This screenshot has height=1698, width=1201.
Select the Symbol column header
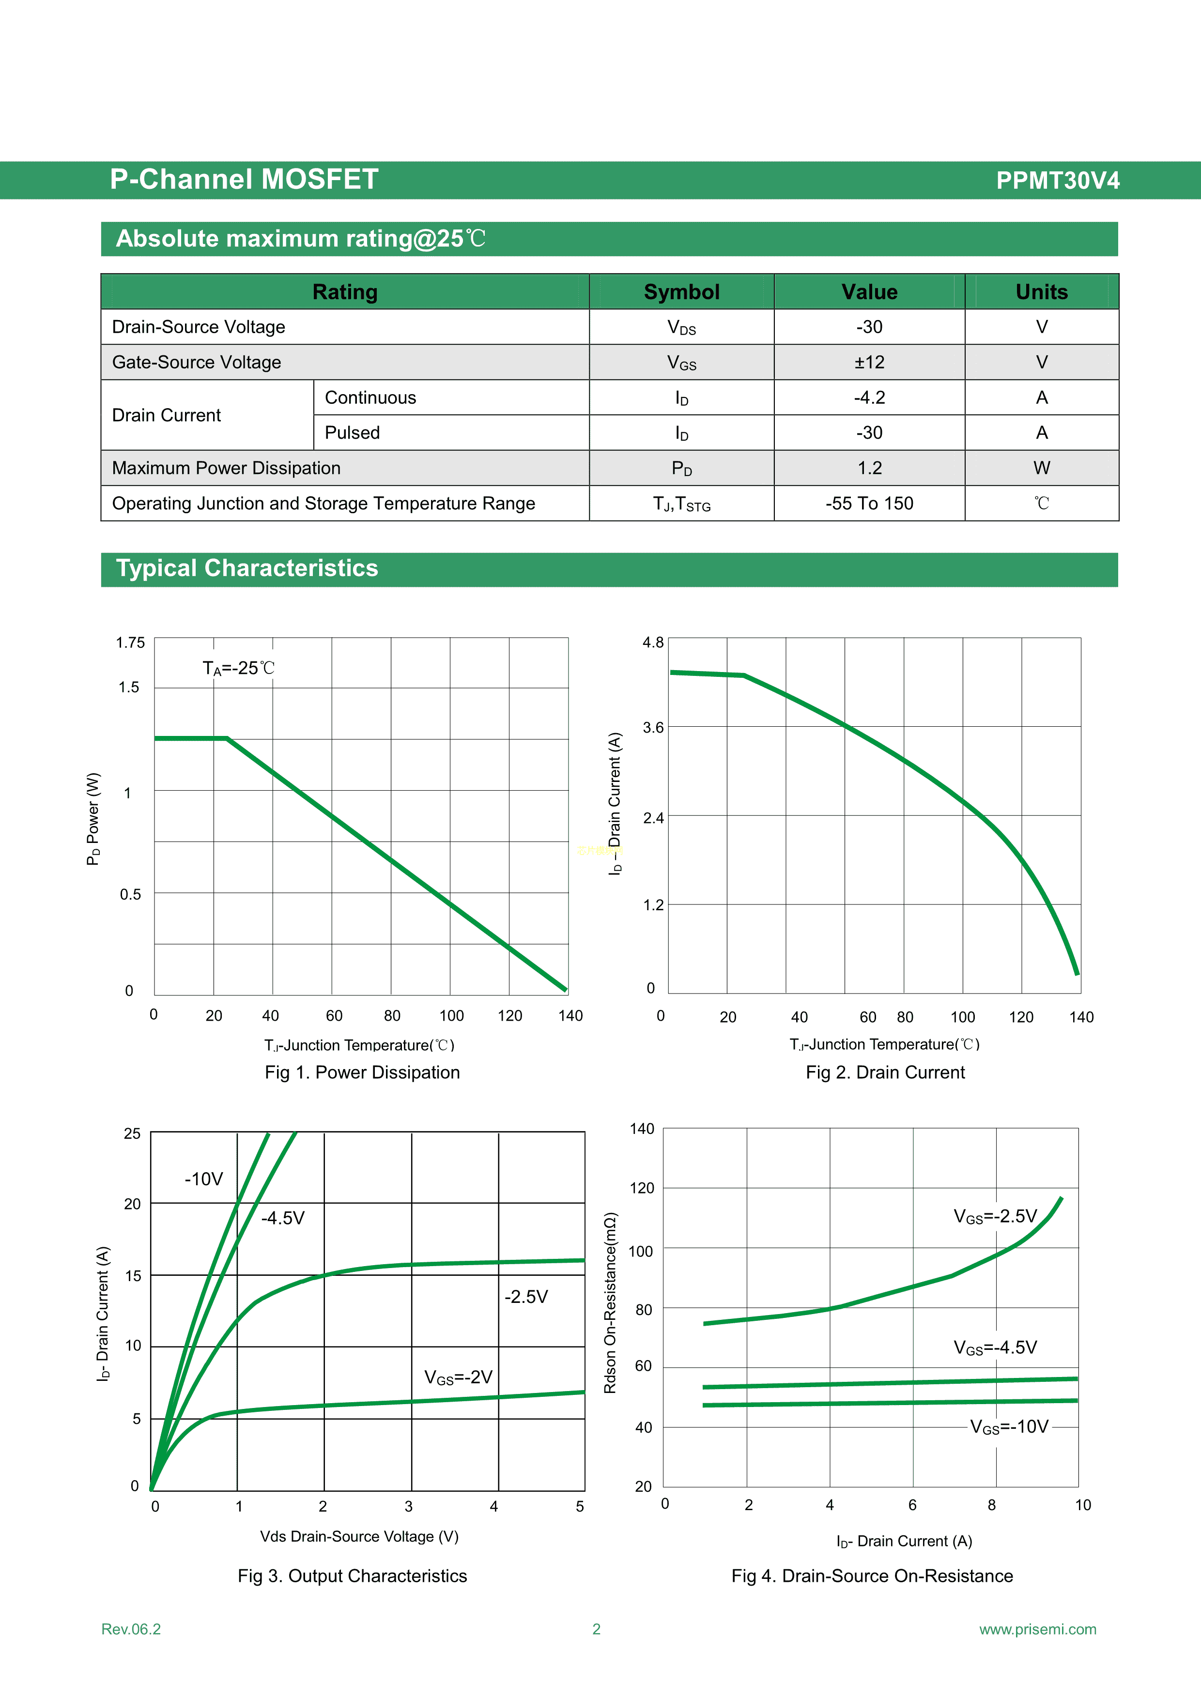pos(681,292)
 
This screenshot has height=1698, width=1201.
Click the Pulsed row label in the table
pos(352,433)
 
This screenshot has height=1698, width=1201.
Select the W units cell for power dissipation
pos(1041,468)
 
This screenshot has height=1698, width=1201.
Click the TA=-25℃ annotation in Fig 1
pos(238,669)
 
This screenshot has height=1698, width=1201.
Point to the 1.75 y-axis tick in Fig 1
pos(130,642)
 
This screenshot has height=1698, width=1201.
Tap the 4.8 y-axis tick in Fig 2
pos(653,642)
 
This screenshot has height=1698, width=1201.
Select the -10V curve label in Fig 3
pos(203,1179)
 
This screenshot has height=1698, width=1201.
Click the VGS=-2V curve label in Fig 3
pos(458,1377)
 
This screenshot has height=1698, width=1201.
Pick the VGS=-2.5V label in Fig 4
pos(995,1217)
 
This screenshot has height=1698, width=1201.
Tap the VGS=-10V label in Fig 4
pos(1009,1426)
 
